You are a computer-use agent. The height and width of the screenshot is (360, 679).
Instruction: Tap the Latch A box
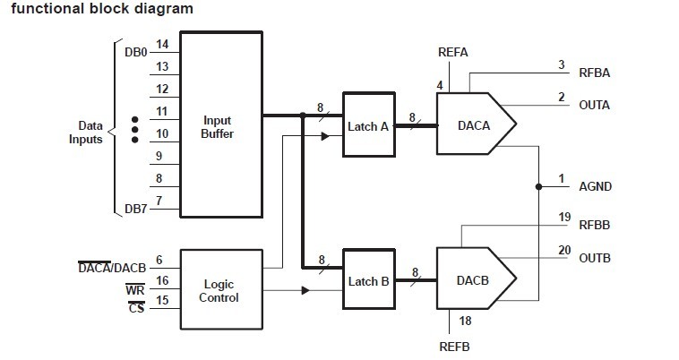pyautogui.click(x=368, y=126)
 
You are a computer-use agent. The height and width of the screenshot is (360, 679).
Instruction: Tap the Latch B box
pyautogui.click(x=368, y=280)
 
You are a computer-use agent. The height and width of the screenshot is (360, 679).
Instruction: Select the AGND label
pyautogui.click(x=595, y=187)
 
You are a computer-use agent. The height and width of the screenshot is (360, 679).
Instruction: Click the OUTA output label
pyautogui.click(x=594, y=105)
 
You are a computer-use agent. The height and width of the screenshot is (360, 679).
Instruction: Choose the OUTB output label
pyautogui.click(x=594, y=259)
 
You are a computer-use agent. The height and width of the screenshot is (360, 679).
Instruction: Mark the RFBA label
pyautogui.click(x=594, y=73)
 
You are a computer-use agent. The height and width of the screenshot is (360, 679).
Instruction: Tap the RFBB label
pyautogui.click(x=594, y=225)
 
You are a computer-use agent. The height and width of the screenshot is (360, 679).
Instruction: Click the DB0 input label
pyautogui.click(x=136, y=52)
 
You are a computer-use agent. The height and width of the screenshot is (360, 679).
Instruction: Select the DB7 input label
pyautogui.click(x=136, y=209)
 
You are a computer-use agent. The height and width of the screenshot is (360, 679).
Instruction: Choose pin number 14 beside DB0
pyautogui.click(x=162, y=44)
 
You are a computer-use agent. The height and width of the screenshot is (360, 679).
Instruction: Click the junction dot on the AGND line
pyautogui.click(x=538, y=187)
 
